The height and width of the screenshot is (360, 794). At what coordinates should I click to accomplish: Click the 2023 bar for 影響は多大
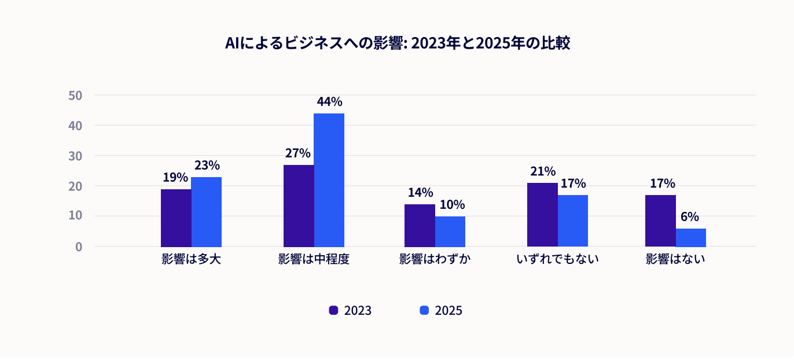[176, 218]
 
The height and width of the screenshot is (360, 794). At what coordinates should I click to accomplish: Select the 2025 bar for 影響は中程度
[329, 180]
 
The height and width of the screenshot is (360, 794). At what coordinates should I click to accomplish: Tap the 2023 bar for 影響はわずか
[420, 225]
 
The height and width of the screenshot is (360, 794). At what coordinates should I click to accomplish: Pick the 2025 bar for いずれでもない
[573, 221]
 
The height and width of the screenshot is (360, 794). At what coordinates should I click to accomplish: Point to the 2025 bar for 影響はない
[691, 237]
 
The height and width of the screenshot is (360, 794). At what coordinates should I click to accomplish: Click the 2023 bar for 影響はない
[660, 221]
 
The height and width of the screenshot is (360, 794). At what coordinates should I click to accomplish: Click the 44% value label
[329, 102]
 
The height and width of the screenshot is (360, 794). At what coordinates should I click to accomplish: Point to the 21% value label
[542, 171]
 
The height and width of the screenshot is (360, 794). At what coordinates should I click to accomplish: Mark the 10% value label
[451, 205]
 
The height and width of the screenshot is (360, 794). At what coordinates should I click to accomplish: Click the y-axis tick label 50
[75, 95]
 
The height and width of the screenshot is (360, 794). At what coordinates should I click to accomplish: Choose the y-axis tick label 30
[75, 156]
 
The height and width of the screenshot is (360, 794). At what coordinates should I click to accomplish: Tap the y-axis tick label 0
[79, 247]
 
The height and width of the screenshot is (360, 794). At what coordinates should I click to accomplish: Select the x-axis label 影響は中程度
[314, 259]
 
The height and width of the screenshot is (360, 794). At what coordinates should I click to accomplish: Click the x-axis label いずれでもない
[557, 259]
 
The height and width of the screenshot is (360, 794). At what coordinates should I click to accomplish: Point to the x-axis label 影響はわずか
[435, 259]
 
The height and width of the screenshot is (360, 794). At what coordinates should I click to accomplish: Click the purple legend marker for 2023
[333, 310]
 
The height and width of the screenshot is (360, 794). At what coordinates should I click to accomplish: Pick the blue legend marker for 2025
[424, 310]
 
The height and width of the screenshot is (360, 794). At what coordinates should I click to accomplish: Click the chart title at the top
[397, 44]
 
